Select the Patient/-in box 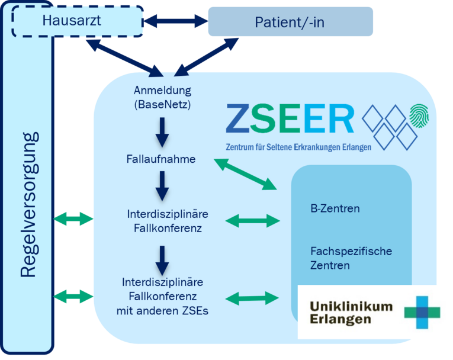[290, 22]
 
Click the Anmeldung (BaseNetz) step [162, 97]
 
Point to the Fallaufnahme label [161, 159]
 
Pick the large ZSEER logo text [290, 119]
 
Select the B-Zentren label [335, 208]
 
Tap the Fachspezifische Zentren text [351, 258]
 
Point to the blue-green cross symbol [423, 311]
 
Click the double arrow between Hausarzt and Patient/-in [175, 22]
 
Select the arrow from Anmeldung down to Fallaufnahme [162, 131]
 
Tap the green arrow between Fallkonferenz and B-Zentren [253, 221]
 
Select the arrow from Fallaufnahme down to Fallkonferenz [162, 185]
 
